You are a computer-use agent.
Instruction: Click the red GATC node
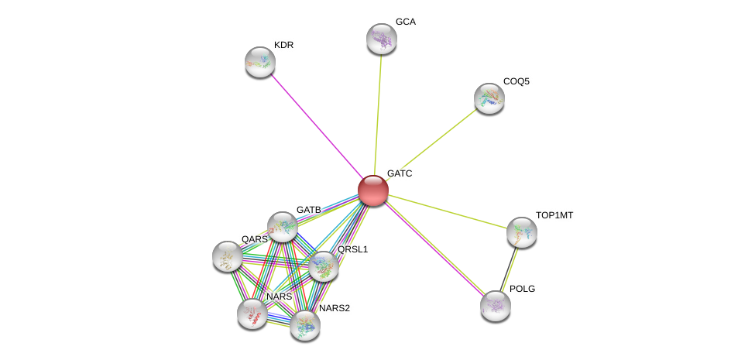(x=372, y=190)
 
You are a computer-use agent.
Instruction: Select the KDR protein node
(x=260, y=62)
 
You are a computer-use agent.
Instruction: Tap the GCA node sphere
(x=381, y=39)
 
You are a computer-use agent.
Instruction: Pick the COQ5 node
(x=489, y=98)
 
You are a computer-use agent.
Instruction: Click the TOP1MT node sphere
(x=521, y=231)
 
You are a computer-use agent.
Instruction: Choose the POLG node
(x=496, y=305)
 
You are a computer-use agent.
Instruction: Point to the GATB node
(x=283, y=227)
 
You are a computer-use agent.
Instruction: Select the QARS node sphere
(x=227, y=256)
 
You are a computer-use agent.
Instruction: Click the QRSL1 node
(x=323, y=266)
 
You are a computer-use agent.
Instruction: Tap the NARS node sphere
(x=252, y=313)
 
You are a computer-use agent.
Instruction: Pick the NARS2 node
(x=305, y=324)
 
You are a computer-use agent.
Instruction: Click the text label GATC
(x=400, y=173)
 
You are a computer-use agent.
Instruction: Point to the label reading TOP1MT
(x=554, y=215)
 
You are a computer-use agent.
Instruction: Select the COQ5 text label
(x=516, y=81)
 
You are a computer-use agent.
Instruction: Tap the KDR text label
(x=284, y=45)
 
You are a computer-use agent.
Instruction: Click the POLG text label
(x=521, y=289)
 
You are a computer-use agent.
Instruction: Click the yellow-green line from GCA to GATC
(x=377, y=112)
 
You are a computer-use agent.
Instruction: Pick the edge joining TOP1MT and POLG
(x=509, y=268)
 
